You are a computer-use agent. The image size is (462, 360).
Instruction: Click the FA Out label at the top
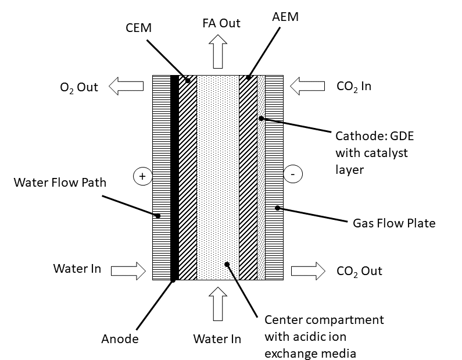(x=221, y=23)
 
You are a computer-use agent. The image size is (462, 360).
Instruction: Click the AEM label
(x=285, y=17)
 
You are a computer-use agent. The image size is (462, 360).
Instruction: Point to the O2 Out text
(x=80, y=88)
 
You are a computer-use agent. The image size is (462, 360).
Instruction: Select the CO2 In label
(x=353, y=87)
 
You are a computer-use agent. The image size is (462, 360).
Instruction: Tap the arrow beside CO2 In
(x=307, y=87)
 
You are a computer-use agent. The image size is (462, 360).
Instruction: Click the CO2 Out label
(x=359, y=271)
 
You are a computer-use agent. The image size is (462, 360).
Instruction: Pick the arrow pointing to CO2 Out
(x=308, y=270)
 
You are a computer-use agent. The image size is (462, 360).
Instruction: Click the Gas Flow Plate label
(x=394, y=223)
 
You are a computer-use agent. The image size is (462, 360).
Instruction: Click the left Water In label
(x=77, y=269)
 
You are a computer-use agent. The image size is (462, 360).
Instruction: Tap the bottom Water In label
(x=217, y=338)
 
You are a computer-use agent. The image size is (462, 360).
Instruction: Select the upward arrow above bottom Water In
(x=218, y=305)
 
